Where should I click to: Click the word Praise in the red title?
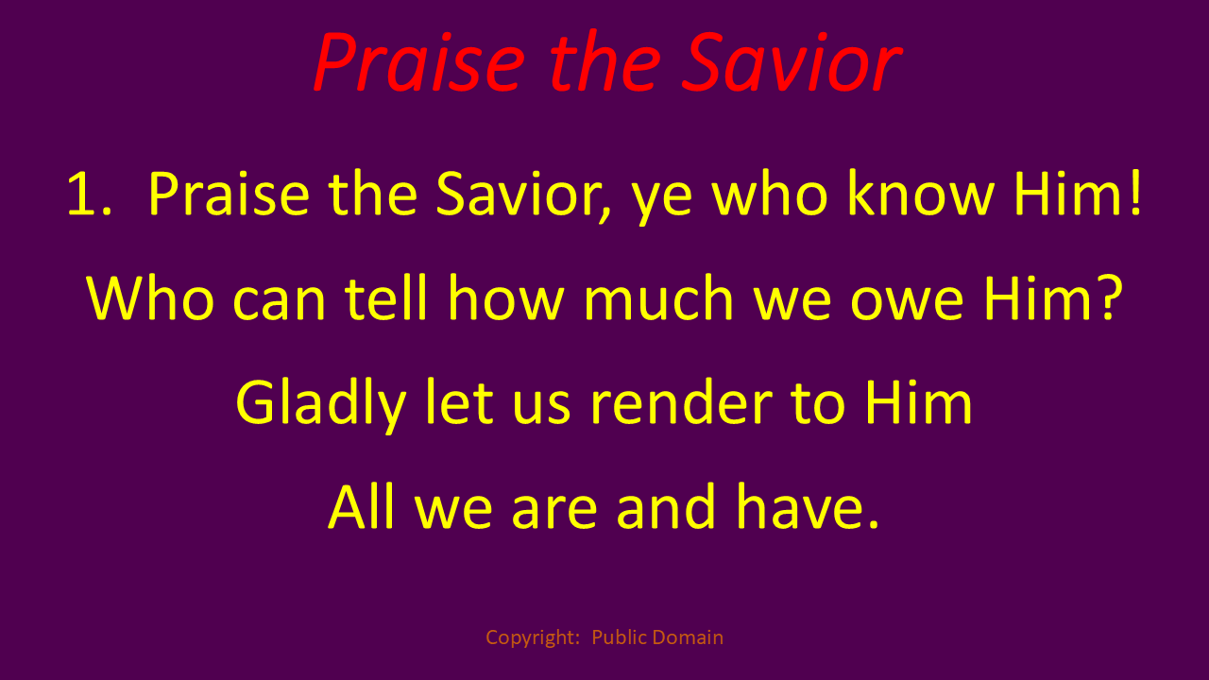point(418,62)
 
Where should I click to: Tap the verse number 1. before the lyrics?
point(89,194)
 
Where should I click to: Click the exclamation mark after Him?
point(1135,192)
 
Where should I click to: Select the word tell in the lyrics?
point(386,297)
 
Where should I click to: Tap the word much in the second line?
point(658,297)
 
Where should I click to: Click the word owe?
point(907,303)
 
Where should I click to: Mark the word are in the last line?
point(554,513)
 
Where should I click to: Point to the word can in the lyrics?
point(279,303)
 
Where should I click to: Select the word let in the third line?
point(459,402)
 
